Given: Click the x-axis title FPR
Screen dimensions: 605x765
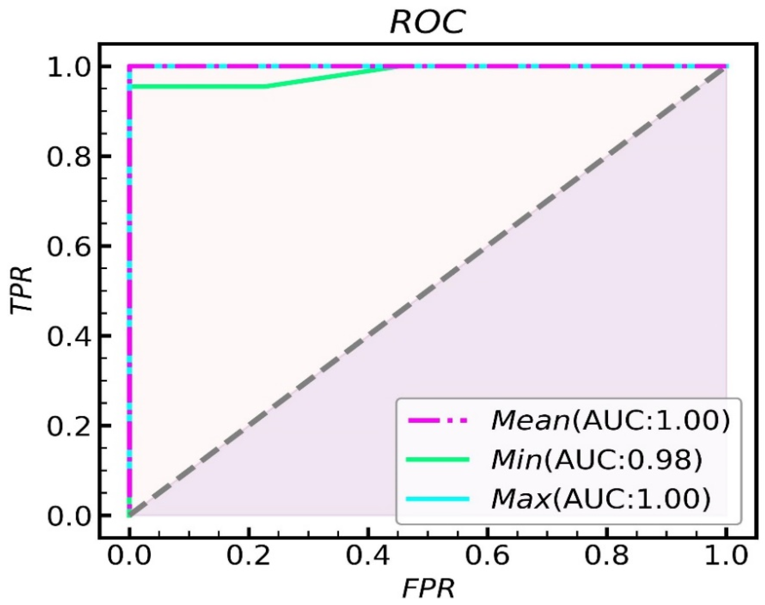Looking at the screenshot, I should coord(428,589).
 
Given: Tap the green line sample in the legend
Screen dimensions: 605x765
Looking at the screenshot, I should coord(438,460).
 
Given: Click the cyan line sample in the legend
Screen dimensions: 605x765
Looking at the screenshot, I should coord(438,499).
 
